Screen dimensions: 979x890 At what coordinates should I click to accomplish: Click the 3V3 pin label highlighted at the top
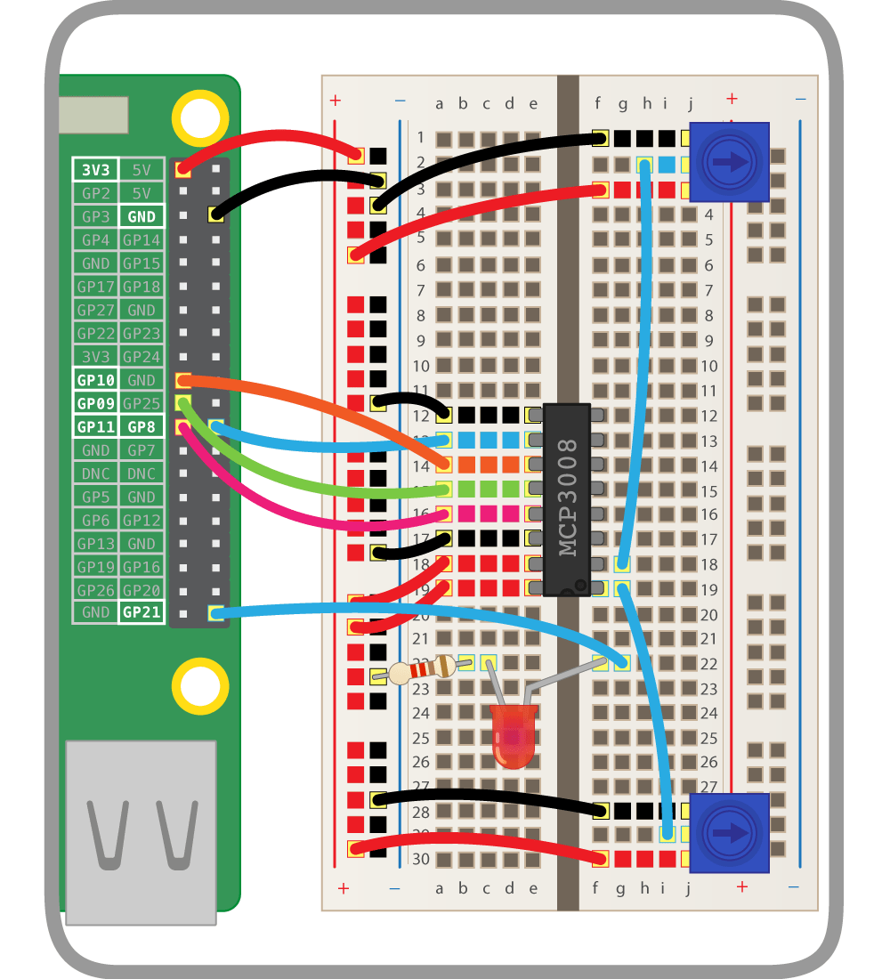pos(94,169)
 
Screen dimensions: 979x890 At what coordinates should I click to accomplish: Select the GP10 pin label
pos(94,380)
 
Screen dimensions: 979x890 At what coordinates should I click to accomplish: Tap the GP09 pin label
pos(94,403)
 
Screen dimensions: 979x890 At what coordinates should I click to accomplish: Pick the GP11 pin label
pos(94,426)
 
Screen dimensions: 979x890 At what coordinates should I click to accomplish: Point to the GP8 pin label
pos(142,426)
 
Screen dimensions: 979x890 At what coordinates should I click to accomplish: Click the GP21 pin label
pos(142,612)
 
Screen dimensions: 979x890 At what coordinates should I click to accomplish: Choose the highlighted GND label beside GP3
pos(142,216)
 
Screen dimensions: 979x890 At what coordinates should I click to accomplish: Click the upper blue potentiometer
pos(730,162)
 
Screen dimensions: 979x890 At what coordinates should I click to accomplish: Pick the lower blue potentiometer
pos(730,833)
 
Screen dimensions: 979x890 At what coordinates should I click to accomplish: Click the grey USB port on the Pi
pos(141,832)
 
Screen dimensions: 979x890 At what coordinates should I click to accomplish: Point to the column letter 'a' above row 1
pos(439,104)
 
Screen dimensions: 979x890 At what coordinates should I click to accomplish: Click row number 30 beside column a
pos(420,859)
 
